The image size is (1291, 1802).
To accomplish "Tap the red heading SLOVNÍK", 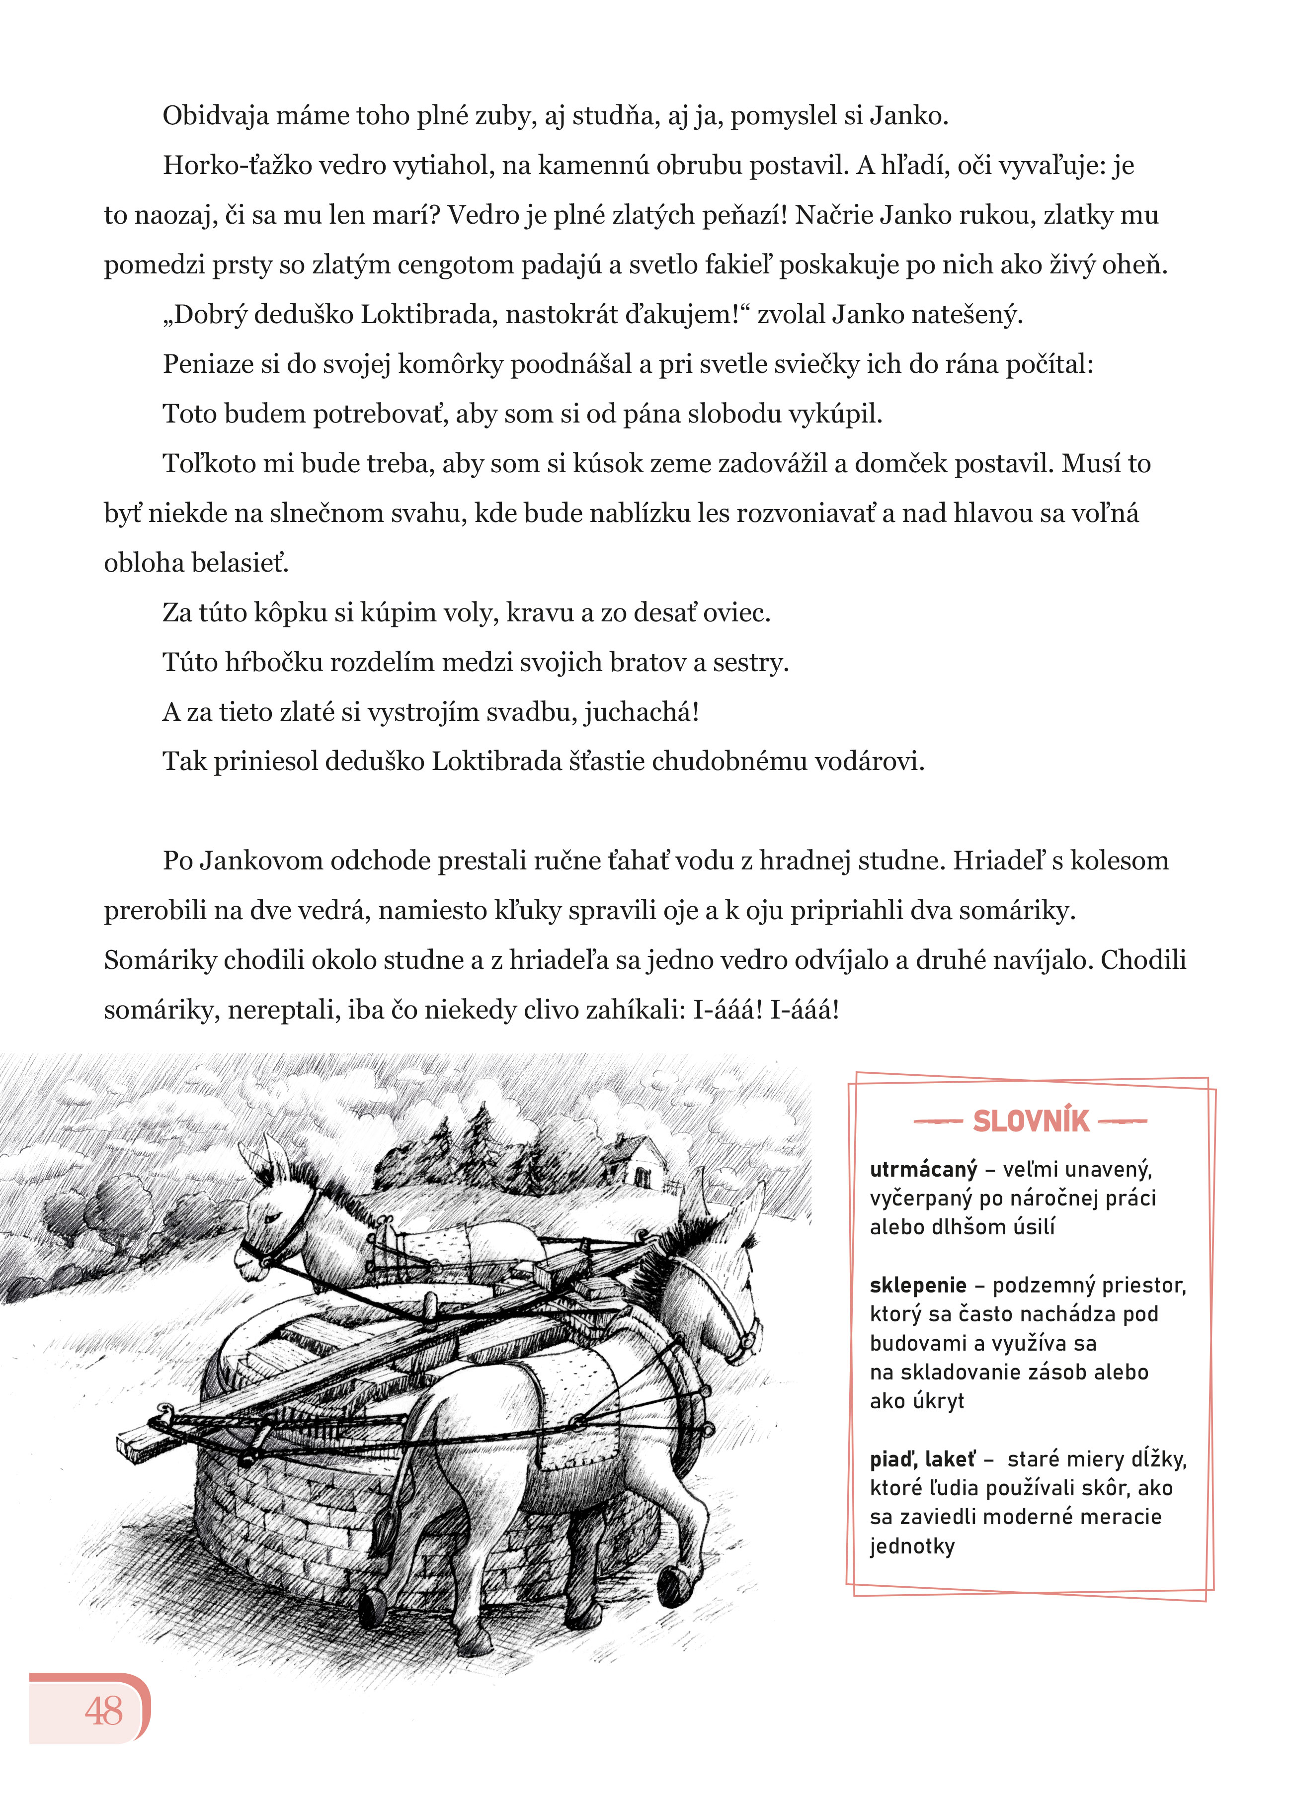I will [1031, 1121].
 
